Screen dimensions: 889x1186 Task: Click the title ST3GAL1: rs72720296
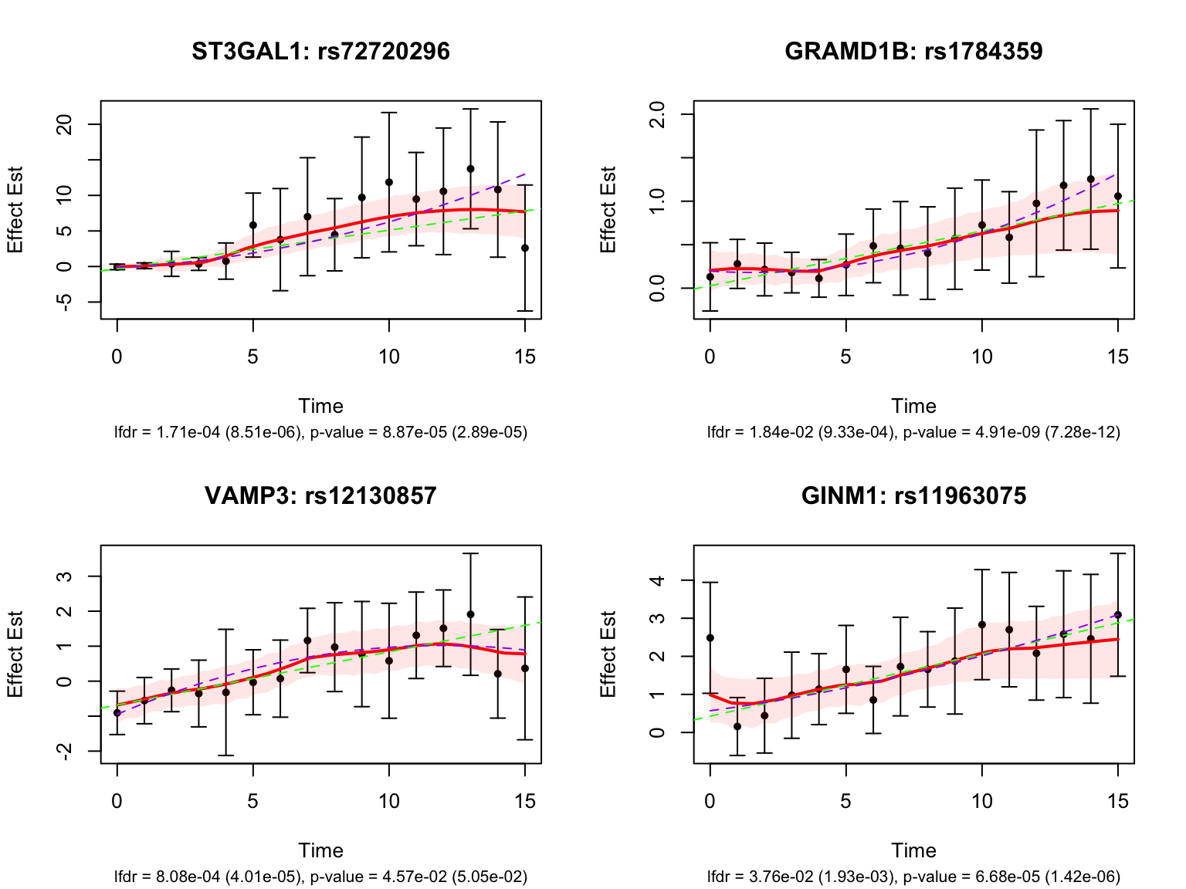pyautogui.click(x=320, y=52)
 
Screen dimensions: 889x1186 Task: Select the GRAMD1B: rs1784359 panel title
pyautogui.click(x=913, y=52)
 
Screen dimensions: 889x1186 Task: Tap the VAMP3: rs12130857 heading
pyautogui.click(x=320, y=495)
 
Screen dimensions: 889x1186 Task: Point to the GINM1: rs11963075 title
pyautogui.click(x=913, y=495)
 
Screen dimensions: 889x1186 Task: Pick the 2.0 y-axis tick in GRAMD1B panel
pyautogui.click(x=659, y=114)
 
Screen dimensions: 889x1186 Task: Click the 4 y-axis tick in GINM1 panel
pyautogui.click(x=659, y=580)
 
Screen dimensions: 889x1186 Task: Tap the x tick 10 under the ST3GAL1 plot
pyautogui.click(x=389, y=357)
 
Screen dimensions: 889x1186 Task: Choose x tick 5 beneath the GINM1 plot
pyautogui.click(x=846, y=801)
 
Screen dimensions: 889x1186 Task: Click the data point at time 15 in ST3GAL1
pyautogui.click(x=525, y=248)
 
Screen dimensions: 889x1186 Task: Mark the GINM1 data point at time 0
pyautogui.click(x=710, y=638)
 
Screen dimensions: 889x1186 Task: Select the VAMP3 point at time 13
pyautogui.click(x=470, y=614)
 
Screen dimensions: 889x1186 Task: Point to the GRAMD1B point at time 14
pyautogui.click(x=1091, y=179)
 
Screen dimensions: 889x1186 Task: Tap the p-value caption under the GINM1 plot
pyautogui.click(x=1011, y=877)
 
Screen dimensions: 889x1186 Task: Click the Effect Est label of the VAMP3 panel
pyautogui.click(x=15, y=654)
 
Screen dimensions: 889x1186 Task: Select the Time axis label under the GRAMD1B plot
pyautogui.click(x=913, y=407)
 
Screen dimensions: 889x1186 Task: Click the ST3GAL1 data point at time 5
pyautogui.click(x=253, y=225)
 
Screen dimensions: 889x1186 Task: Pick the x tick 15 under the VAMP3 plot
pyautogui.click(x=525, y=801)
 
